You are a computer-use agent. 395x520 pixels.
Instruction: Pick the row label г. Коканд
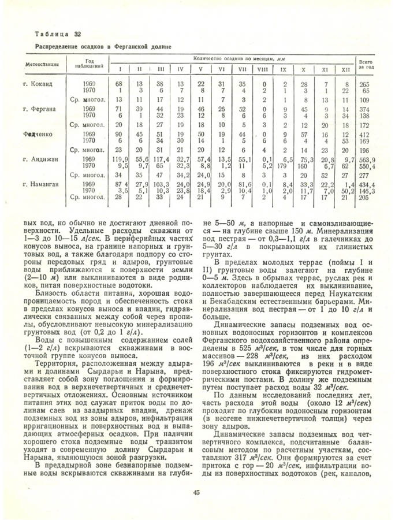38,84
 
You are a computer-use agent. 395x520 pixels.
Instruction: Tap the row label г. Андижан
39,159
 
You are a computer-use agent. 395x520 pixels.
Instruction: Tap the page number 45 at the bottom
197,492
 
